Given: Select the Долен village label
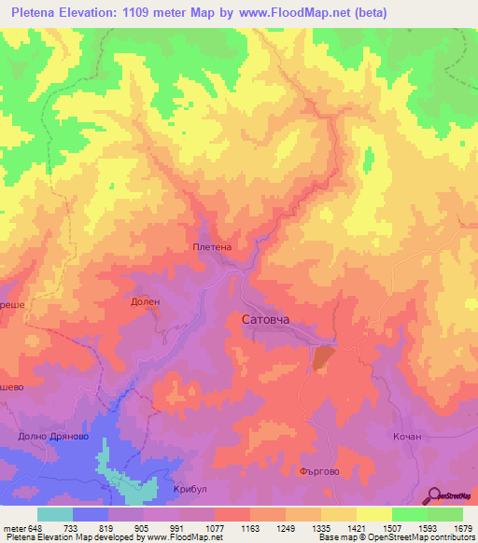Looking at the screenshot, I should click(x=145, y=301).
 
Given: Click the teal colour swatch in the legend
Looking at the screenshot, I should click(x=55, y=514).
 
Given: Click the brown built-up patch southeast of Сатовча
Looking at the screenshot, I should click(x=322, y=357).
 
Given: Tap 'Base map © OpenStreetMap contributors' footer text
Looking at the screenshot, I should click(x=396, y=537).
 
